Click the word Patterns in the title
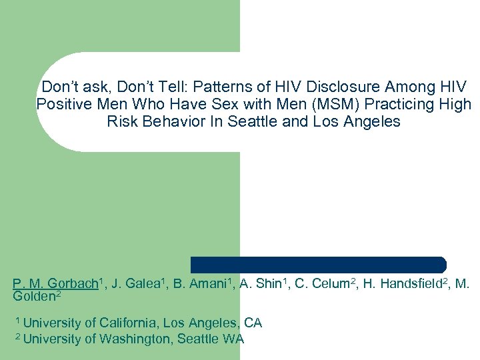click(x=218, y=87)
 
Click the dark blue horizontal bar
click(x=318, y=264)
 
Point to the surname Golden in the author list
click(x=35, y=295)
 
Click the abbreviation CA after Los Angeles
click(x=253, y=323)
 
